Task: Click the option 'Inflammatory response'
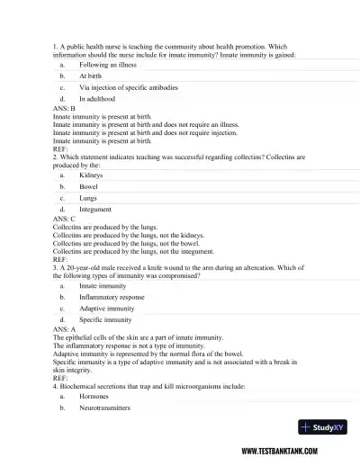point(111,297)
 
